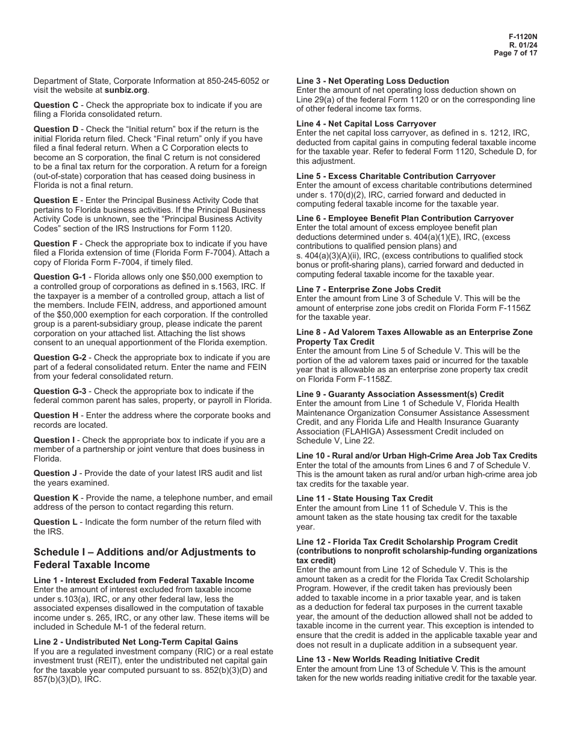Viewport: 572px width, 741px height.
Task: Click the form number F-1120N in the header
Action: point(523,36)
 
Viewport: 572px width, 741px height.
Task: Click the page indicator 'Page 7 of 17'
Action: point(515,52)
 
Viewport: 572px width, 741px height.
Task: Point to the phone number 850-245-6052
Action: point(232,81)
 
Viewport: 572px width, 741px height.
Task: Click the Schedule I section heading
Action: point(145,558)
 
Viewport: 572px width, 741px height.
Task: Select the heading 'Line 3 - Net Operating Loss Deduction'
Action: point(373,81)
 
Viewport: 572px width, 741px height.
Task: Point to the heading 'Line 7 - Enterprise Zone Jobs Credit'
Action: point(368,289)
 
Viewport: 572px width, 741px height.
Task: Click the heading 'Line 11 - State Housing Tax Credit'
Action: point(364,498)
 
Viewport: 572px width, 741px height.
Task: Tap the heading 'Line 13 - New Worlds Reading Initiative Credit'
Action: point(388,659)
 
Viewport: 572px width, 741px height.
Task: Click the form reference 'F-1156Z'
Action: point(503,308)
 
